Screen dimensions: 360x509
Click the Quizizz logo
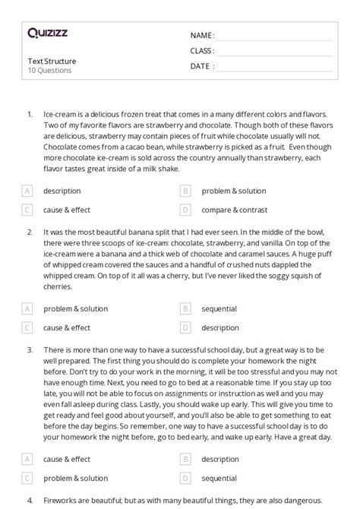[46, 33]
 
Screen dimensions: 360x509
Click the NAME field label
[202, 36]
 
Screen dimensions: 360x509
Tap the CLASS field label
[202, 51]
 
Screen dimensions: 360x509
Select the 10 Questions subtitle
[49, 71]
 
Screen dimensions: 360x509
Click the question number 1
[30, 114]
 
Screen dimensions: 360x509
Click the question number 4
[30, 501]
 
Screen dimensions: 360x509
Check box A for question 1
[27, 191]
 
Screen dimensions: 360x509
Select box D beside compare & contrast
[185, 209]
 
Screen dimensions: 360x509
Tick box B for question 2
[185, 309]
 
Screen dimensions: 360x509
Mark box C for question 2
[27, 327]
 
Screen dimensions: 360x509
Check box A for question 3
[27, 459]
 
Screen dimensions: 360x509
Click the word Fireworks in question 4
[62, 501]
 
